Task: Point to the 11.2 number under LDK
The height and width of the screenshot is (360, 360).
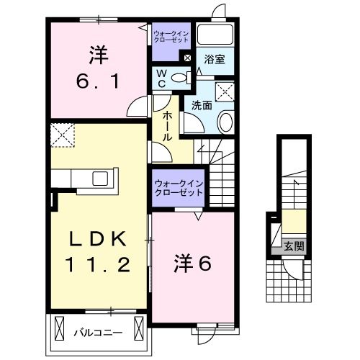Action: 99,265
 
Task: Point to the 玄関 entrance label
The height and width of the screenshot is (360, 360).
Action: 294,246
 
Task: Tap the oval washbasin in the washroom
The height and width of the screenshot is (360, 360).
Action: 225,123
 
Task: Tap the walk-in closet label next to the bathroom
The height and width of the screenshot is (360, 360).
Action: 171,36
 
